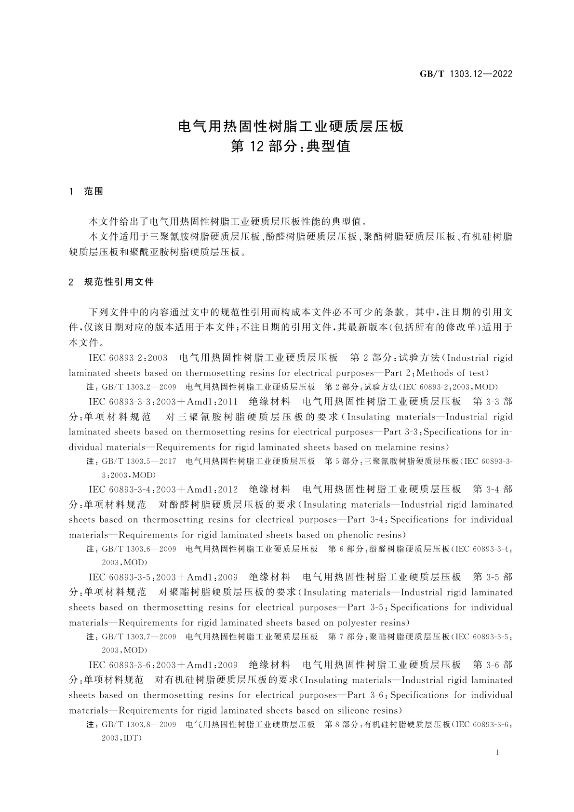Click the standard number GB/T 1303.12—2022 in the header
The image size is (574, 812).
(x=466, y=74)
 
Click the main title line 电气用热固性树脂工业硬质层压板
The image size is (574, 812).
(x=291, y=126)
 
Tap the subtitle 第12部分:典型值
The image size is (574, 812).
(x=291, y=147)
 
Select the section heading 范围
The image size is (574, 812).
(x=93, y=191)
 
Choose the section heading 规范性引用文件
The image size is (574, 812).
(x=119, y=282)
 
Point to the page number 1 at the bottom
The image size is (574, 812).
(x=497, y=753)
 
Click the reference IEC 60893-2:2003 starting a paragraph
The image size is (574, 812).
(x=128, y=358)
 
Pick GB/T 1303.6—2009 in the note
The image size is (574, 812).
(x=139, y=549)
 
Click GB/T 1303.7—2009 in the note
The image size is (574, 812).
(x=139, y=636)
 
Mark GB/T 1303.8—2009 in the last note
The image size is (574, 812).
(x=139, y=724)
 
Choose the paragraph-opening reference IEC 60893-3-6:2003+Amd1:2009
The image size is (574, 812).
(x=163, y=665)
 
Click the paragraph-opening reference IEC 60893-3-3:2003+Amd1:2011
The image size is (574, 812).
(x=163, y=402)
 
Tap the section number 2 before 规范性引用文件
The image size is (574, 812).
(x=71, y=282)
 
